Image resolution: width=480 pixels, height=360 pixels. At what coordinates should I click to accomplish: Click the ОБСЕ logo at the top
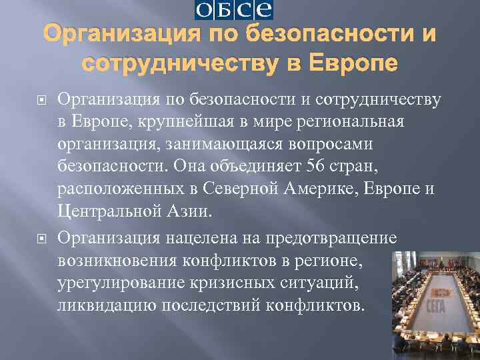pyautogui.click(x=234, y=11)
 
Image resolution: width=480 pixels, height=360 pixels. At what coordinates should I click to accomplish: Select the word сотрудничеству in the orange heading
pyautogui.click(x=180, y=63)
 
